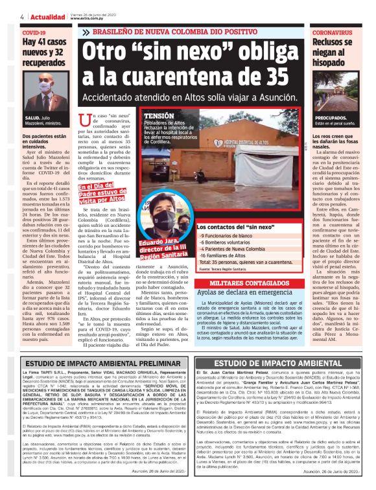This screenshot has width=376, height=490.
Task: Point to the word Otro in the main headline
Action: point(117,50)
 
